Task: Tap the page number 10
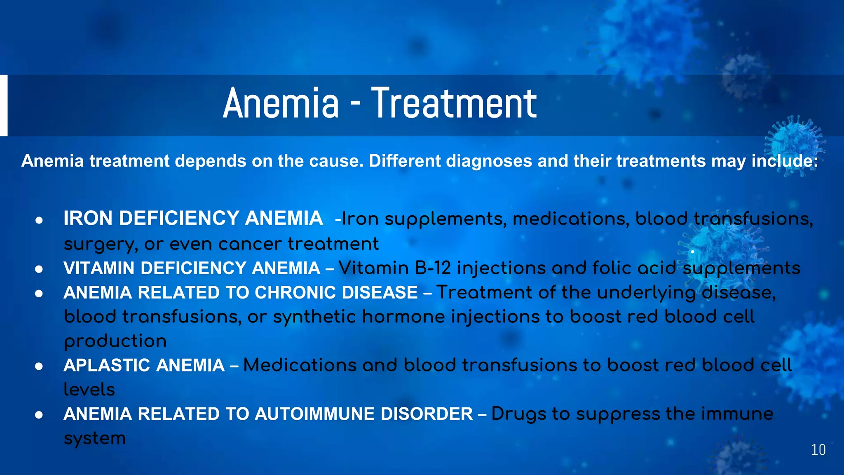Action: click(x=818, y=450)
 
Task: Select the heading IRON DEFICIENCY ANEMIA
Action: click(x=193, y=219)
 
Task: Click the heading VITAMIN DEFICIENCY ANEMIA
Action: click(x=192, y=268)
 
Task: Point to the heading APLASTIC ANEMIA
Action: click(x=144, y=365)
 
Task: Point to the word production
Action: click(x=115, y=341)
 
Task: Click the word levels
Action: click(x=89, y=390)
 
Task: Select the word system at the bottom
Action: click(x=94, y=438)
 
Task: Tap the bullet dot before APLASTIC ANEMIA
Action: click(x=39, y=366)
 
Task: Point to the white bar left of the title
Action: click(x=3, y=105)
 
